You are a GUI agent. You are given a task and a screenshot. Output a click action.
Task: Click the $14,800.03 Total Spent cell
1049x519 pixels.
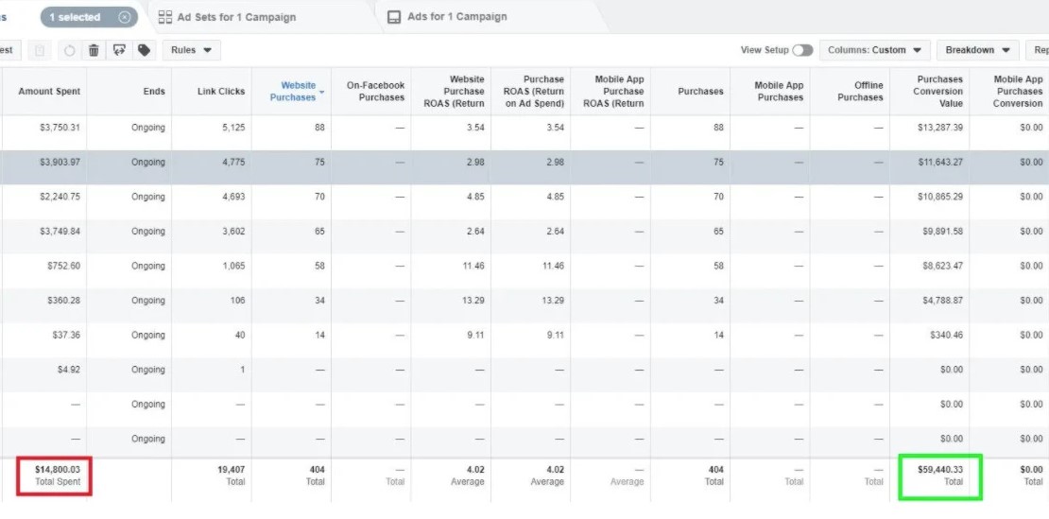coord(54,475)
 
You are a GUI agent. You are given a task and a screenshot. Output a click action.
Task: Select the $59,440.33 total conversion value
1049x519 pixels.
coord(939,475)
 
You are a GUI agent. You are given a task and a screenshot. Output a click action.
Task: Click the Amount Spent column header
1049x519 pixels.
coord(49,92)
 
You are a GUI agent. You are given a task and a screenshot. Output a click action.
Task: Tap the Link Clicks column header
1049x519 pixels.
coord(220,92)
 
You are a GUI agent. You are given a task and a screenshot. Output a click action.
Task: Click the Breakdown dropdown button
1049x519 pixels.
coord(978,50)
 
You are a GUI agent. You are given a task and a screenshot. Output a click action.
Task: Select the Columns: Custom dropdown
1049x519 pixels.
coord(874,50)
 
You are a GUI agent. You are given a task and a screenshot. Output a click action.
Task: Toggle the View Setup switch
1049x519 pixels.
coord(802,50)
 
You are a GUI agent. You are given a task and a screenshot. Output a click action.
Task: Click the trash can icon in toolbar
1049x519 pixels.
coord(94,50)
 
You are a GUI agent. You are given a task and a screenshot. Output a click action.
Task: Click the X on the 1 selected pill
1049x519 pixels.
coord(125,17)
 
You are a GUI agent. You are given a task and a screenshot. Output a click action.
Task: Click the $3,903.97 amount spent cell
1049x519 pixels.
coord(59,163)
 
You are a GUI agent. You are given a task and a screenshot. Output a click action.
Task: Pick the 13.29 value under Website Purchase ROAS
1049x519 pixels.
coord(470,301)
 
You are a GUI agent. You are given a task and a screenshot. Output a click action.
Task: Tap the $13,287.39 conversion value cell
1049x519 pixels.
coord(937,128)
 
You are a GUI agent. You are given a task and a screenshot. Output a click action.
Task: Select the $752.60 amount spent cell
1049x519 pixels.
coord(63,267)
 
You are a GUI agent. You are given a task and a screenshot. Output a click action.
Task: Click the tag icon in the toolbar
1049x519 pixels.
coord(144,50)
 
